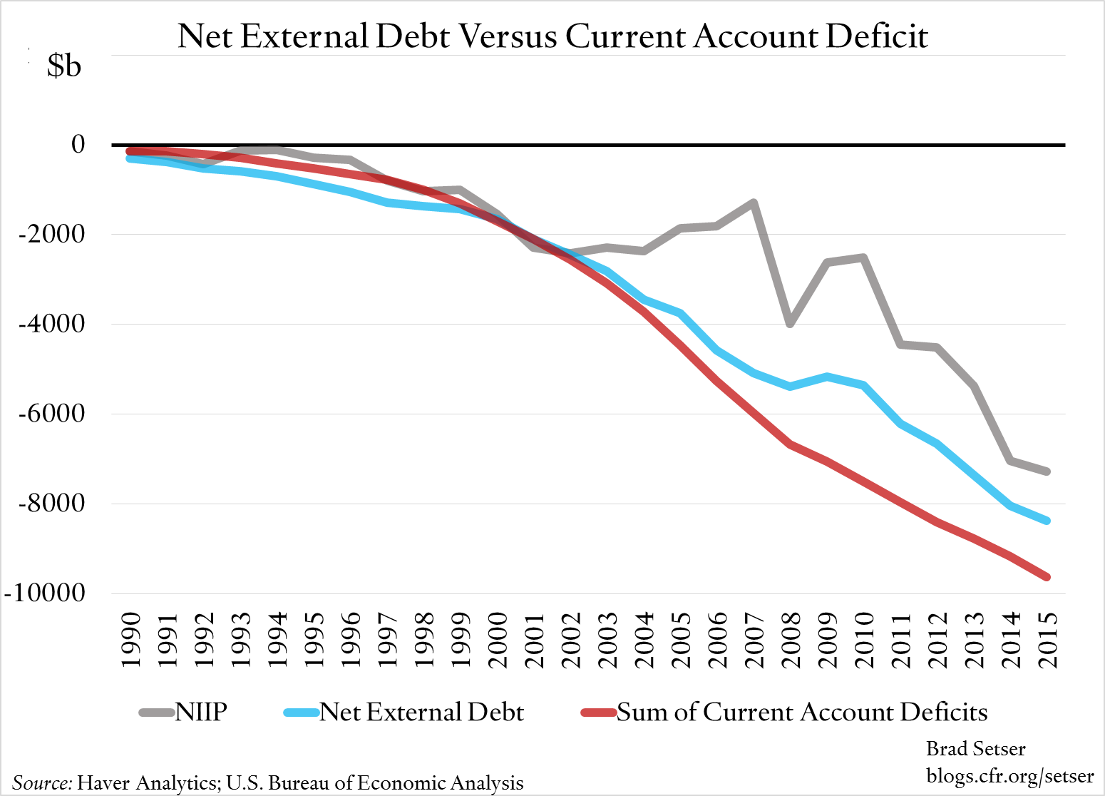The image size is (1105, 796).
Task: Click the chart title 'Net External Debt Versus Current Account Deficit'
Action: pyautogui.click(x=552, y=36)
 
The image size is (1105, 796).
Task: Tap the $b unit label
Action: pyautogui.click(x=64, y=66)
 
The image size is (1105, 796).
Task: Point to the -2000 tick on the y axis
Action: pyautogui.click(x=51, y=234)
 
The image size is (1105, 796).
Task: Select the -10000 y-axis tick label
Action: pyautogui.click(x=44, y=593)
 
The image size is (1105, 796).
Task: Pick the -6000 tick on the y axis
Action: pyautogui.click(x=51, y=413)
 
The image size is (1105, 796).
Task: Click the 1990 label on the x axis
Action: pyautogui.click(x=130, y=640)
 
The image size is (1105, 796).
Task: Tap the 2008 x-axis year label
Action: pyautogui.click(x=791, y=640)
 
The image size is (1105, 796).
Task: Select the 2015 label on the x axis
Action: pyautogui.click(x=1047, y=640)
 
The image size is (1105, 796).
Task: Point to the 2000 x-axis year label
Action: pyautogui.click(x=497, y=640)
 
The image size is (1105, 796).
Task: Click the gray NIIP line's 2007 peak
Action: pyautogui.click(x=753, y=203)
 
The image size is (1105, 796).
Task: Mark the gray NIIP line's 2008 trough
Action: pyautogui.click(x=790, y=324)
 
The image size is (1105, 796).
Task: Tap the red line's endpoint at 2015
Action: pyautogui.click(x=1047, y=577)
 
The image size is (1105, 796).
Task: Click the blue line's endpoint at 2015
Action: pyautogui.click(x=1047, y=521)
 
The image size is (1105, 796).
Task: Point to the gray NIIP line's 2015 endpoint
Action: pyautogui.click(x=1047, y=471)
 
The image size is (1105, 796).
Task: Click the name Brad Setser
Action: pyautogui.click(x=975, y=749)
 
